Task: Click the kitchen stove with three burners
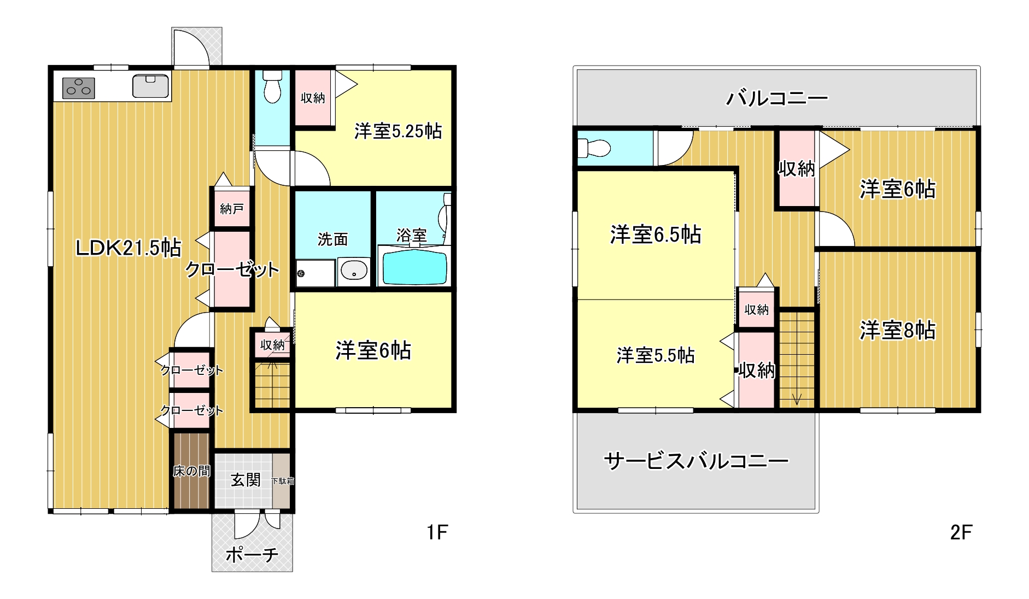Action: click(79, 88)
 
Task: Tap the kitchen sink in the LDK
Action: click(150, 86)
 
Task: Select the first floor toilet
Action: click(272, 86)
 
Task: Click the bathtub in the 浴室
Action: click(414, 267)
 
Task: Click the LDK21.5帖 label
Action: click(128, 248)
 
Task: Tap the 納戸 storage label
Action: click(232, 208)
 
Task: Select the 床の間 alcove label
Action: click(191, 471)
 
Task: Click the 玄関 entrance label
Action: click(245, 480)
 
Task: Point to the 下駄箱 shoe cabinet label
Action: click(283, 481)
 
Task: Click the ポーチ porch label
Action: click(252, 555)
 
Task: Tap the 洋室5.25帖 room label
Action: click(398, 131)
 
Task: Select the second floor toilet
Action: click(594, 148)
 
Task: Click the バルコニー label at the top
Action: click(777, 98)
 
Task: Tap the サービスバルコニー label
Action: click(696, 461)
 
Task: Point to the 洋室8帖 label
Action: click(897, 330)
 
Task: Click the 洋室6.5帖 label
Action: click(656, 234)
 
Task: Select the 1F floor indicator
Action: click(437, 532)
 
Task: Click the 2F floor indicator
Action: click(961, 532)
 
